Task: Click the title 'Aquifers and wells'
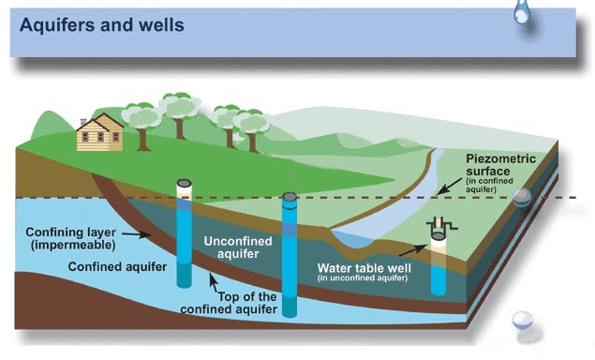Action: coord(101,24)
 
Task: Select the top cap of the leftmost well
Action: coord(186,184)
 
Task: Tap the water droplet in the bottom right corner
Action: coord(521,321)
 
